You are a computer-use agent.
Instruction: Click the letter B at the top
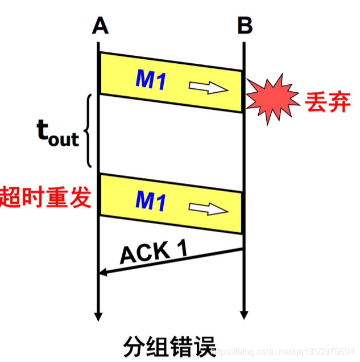(245, 26)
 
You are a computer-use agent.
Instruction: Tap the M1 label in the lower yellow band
(150, 200)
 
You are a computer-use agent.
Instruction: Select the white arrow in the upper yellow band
(208, 88)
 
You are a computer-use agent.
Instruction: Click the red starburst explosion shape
(272, 100)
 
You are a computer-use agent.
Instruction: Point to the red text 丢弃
(327, 103)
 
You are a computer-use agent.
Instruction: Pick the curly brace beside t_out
(88, 131)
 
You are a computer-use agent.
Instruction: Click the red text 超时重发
(45, 197)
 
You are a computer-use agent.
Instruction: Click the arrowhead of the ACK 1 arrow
(103, 274)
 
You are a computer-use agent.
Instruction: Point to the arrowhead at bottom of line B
(244, 315)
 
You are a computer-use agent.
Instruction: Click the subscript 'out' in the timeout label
(64, 138)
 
